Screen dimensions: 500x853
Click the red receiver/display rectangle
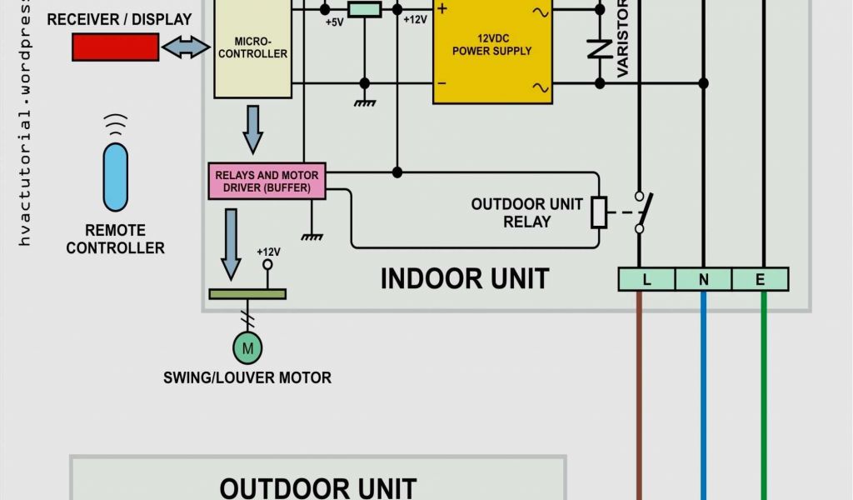point(115,47)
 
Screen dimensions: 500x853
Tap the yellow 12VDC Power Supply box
point(492,50)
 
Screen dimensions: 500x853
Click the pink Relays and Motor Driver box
point(267,182)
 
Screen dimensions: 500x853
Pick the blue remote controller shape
point(116,177)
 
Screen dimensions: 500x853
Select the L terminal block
point(646,280)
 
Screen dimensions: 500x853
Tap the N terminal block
point(704,280)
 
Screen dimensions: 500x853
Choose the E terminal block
point(760,280)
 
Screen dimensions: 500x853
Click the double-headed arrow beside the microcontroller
point(186,47)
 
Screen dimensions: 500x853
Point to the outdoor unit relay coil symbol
point(599,212)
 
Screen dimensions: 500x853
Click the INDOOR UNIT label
point(465,278)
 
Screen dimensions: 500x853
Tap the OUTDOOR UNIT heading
point(318,487)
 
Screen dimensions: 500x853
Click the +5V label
point(334,22)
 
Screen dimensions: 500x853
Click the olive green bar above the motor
point(247,293)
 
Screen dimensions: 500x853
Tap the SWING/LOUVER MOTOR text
point(247,377)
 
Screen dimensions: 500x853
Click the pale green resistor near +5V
point(364,9)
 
